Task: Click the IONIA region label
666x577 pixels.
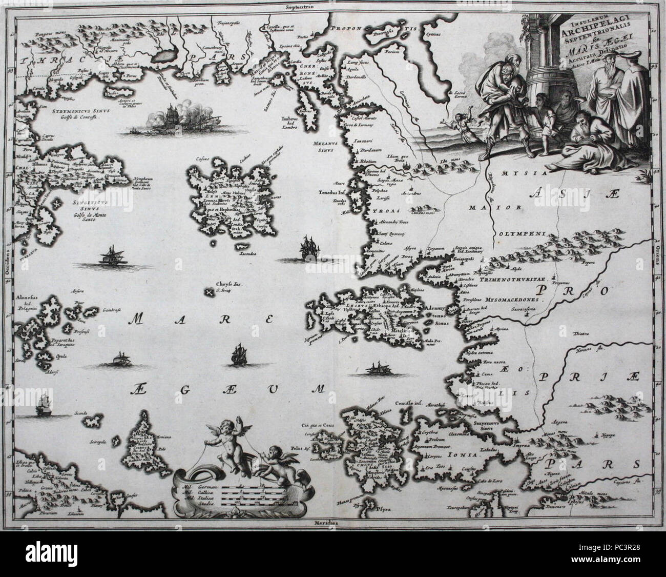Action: click(465, 454)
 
